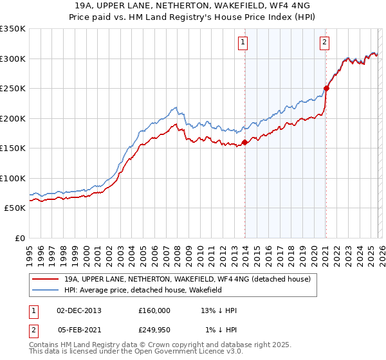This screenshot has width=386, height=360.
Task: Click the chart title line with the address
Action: pos(192,6)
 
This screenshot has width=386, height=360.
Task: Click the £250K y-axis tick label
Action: pos(13,88)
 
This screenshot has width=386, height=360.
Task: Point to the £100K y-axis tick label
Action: pos(13,178)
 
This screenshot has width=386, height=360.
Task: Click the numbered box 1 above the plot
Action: pos(244,43)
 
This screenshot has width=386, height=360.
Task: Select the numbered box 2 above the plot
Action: pos(324,43)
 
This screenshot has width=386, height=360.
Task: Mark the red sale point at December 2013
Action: pos(244,143)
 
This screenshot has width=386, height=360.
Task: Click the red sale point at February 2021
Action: pos(326,88)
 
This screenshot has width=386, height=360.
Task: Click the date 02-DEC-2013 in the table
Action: pos(79,310)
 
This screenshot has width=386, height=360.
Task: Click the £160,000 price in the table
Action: pos(154,310)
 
